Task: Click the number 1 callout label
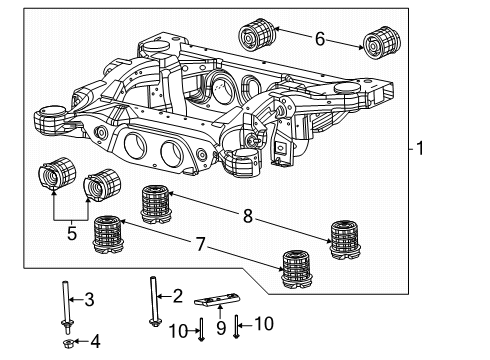pyautogui.click(x=421, y=150)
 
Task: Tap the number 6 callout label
pyautogui.click(x=319, y=39)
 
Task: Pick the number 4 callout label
pyautogui.click(x=96, y=342)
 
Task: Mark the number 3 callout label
pyautogui.click(x=89, y=299)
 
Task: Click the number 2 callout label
pyautogui.click(x=179, y=295)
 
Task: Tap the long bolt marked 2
pyautogui.click(x=157, y=300)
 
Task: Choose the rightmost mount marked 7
pyautogui.click(x=299, y=269)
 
